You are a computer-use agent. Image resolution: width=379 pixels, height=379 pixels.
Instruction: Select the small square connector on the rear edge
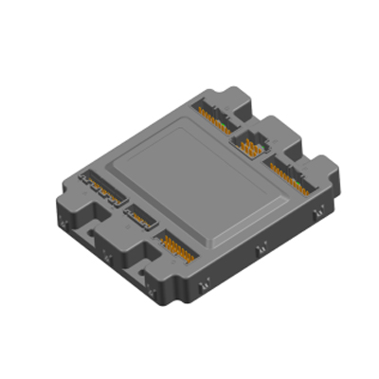click(x=251, y=145)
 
